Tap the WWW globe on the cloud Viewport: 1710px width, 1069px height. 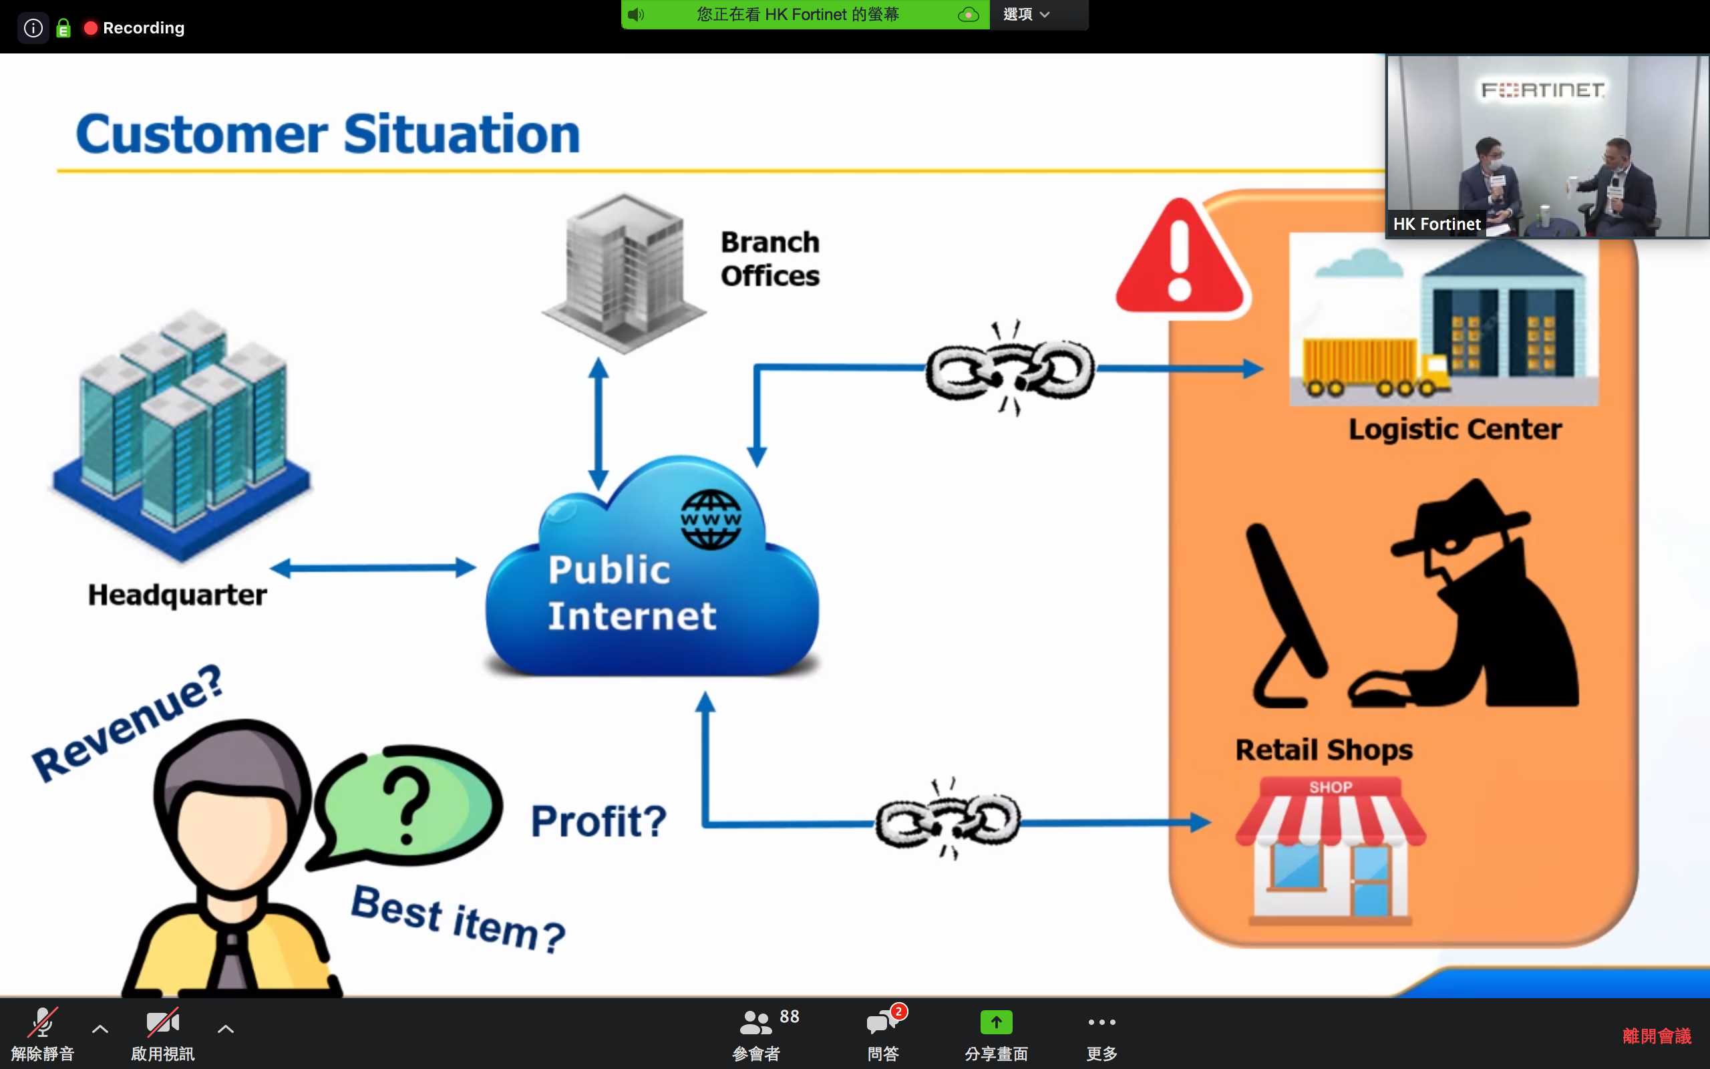pos(711,520)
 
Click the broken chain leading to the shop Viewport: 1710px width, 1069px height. pos(948,821)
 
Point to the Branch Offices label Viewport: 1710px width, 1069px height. pos(769,259)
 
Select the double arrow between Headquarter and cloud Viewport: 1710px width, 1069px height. pos(373,568)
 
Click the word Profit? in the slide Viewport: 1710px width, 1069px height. pos(598,821)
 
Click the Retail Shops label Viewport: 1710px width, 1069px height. pos(1323,750)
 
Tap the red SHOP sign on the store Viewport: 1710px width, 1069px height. pos(1331,787)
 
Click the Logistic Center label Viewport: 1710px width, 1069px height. pos(1454,429)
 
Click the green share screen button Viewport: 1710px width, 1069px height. pos(996,1022)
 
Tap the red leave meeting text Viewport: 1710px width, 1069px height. pos(1657,1036)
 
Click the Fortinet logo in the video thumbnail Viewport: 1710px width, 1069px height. pos(1542,90)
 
